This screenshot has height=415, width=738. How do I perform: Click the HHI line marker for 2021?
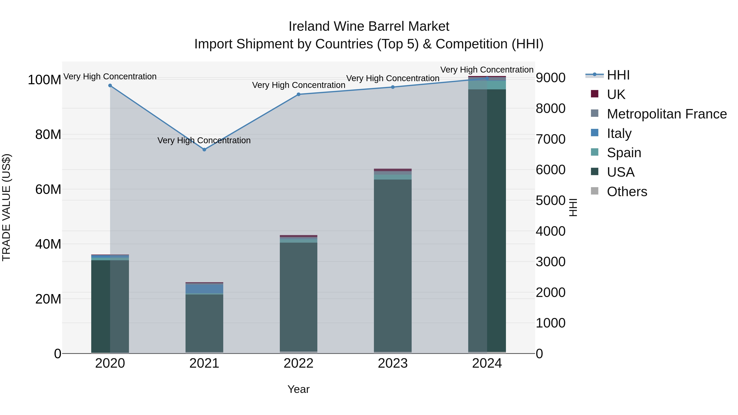pos(204,150)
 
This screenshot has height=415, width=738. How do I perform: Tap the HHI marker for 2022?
pos(298,94)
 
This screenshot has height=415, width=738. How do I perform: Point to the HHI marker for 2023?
pos(393,87)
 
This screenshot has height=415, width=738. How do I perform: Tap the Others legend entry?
pos(627,192)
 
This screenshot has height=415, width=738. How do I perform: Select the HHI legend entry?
pos(618,75)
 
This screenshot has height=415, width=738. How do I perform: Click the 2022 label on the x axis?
pos(298,363)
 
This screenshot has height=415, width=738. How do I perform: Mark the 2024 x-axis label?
pos(487,363)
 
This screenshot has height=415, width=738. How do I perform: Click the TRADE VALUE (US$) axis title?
pos(6,207)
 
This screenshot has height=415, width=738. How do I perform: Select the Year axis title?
pos(298,389)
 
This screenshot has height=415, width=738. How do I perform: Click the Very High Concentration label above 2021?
pos(204,140)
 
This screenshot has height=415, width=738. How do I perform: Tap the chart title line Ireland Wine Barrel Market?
pos(369,26)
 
